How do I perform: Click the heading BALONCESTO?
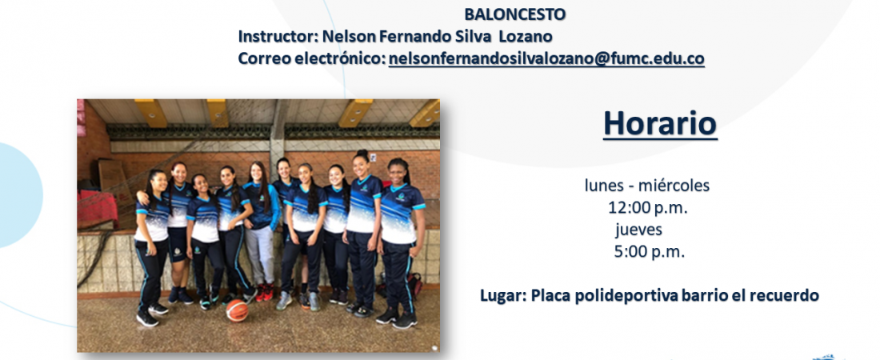coord(514,14)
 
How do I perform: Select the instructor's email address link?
coord(546,58)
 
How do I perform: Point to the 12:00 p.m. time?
coord(648,208)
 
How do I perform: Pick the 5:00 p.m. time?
coord(650,252)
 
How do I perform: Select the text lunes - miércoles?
coord(646,186)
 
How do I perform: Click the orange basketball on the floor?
coord(237,310)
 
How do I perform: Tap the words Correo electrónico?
coord(312,58)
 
